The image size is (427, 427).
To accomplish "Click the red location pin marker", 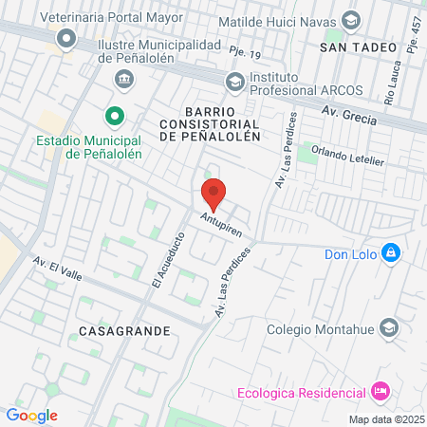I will pos(213,195).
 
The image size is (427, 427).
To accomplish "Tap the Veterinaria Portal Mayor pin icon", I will pos(66,39).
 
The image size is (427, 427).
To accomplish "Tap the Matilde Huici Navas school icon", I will pos(350,20).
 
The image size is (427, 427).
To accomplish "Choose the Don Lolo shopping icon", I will pos(390,253).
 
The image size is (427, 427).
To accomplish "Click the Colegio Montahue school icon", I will pos(388,328).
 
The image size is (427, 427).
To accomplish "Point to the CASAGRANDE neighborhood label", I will pos(119,331).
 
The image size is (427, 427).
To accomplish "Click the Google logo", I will pos(31,415).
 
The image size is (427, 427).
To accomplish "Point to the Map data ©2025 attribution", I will pos(386,418).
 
